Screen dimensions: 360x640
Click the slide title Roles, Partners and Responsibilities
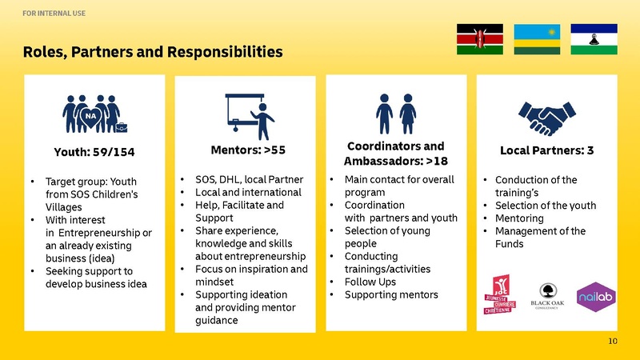[x=152, y=53]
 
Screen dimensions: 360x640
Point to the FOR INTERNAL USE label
[x=54, y=14]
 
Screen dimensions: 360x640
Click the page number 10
[x=613, y=342]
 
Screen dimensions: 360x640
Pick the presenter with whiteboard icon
[x=250, y=116]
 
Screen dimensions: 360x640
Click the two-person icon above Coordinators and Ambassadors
[x=396, y=114]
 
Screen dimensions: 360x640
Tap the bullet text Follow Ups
[x=370, y=282]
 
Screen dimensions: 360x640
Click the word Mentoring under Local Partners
[x=521, y=218]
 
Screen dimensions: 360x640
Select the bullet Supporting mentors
[x=391, y=294]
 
